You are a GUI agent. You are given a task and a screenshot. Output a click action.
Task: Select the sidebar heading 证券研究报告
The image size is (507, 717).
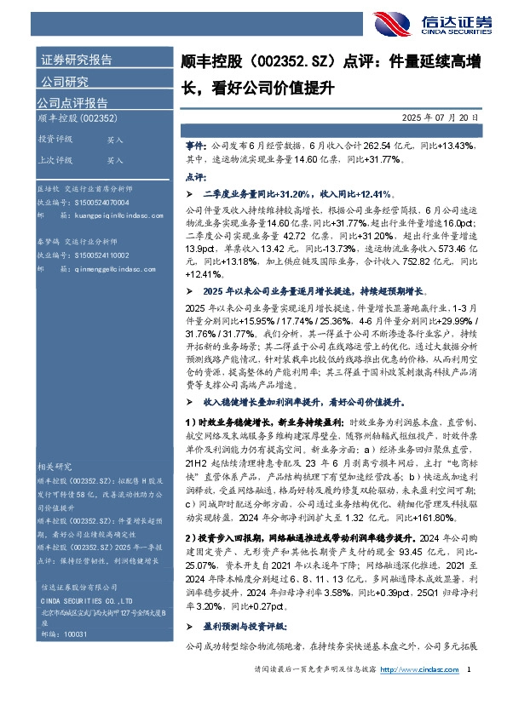tap(76, 60)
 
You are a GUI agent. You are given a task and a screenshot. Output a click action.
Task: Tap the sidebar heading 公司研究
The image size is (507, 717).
tap(64, 83)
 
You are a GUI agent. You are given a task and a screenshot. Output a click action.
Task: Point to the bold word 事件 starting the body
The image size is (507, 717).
tap(195, 146)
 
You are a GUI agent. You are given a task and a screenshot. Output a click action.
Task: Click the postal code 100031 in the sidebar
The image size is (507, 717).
tap(78, 634)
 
